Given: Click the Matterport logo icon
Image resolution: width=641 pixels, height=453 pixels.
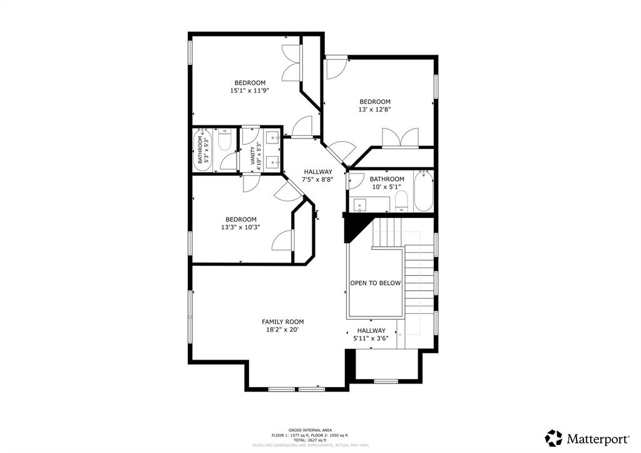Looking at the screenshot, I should (x=554, y=437).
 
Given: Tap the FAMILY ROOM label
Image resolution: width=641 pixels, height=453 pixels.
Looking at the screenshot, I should (x=282, y=322).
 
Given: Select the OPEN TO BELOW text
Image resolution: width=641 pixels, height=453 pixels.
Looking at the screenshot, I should (x=375, y=283).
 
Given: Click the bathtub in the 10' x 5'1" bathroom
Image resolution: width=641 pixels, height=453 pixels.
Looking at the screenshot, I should (x=423, y=192).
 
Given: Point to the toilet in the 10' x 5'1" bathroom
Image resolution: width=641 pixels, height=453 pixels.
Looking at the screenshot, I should (x=401, y=202).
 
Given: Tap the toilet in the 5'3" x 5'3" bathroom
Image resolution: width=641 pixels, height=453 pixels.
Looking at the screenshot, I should (x=225, y=140).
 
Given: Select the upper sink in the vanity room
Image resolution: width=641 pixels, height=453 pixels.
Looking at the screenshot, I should (x=273, y=138).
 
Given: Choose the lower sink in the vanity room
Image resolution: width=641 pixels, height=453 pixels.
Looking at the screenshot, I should (x=273, y=162).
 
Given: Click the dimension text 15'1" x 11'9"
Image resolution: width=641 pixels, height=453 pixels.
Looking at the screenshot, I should (x=250, y=91).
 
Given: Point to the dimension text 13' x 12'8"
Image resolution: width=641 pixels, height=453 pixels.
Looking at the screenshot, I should (x=374, y=110).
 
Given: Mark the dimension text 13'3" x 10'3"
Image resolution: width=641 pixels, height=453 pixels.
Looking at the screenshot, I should (x=240, y=227).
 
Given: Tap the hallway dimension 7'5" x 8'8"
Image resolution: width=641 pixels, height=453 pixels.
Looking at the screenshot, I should (x=318, y=179).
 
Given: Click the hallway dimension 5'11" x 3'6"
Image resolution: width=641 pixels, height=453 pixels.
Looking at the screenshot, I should (x=371, y=338).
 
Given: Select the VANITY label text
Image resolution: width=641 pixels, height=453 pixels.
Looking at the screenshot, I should (x=253, y=155).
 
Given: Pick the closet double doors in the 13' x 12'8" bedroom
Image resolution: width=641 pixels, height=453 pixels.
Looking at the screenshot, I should (x=400, y=138).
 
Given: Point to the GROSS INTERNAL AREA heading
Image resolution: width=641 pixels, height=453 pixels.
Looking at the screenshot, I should (x=320, y=430).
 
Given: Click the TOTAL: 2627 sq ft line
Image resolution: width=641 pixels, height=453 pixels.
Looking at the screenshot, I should (x=320, y=440).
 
